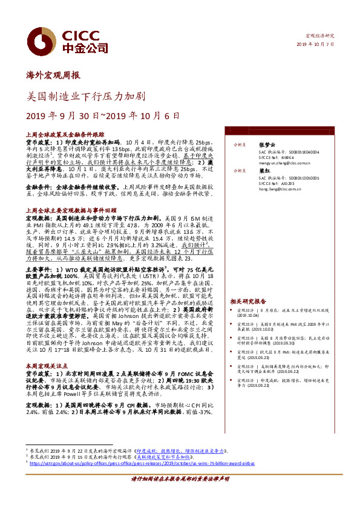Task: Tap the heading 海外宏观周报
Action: (x=53, y=76)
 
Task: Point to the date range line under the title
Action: (x=103, y=115)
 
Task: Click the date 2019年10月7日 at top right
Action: (x=316, y=45)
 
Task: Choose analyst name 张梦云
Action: (x=267, y=145)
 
